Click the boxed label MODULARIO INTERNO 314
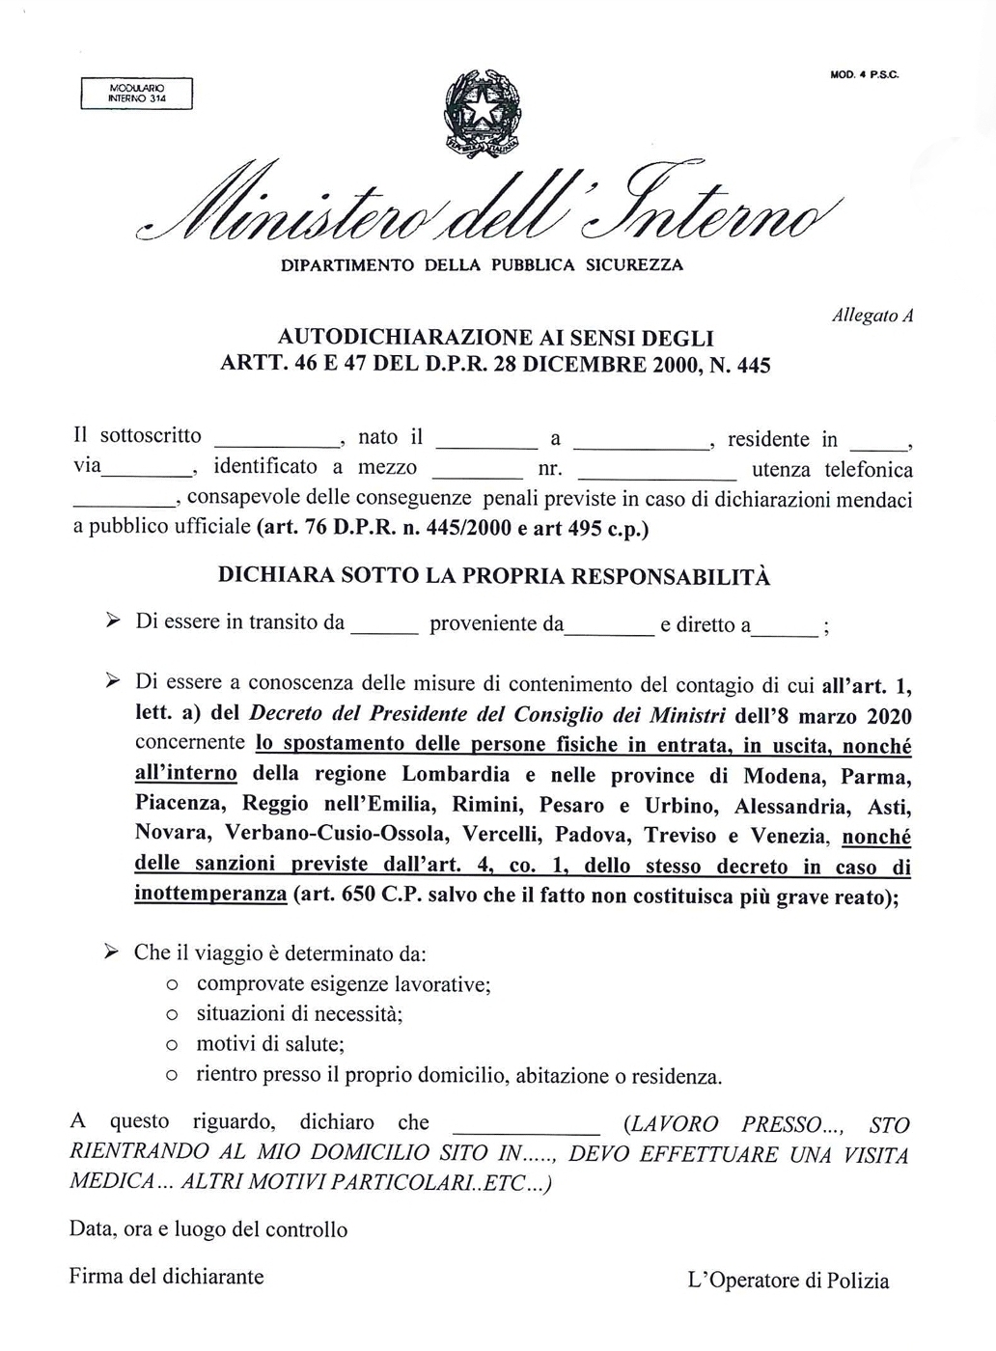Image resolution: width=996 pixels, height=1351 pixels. [x=137, y=93]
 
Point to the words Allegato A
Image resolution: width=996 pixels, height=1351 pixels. [x=871, y=316]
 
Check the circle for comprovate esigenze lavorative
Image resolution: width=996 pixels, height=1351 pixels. [x=171, y=986]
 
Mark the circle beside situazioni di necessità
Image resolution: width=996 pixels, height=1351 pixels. [x=171, y=1016]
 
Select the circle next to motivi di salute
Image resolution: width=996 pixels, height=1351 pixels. [x=171, y=1046]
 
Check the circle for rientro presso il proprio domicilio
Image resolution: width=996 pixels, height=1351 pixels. [x=171, y=1075]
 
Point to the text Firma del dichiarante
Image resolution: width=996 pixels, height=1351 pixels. [x=166, y=1276]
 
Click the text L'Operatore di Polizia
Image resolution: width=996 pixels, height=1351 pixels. [x=788, y=1281]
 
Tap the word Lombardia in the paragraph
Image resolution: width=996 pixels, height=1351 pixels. [x=455, y=774]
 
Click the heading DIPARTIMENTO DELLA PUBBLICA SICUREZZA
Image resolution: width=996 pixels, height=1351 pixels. [x=481, y=263]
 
